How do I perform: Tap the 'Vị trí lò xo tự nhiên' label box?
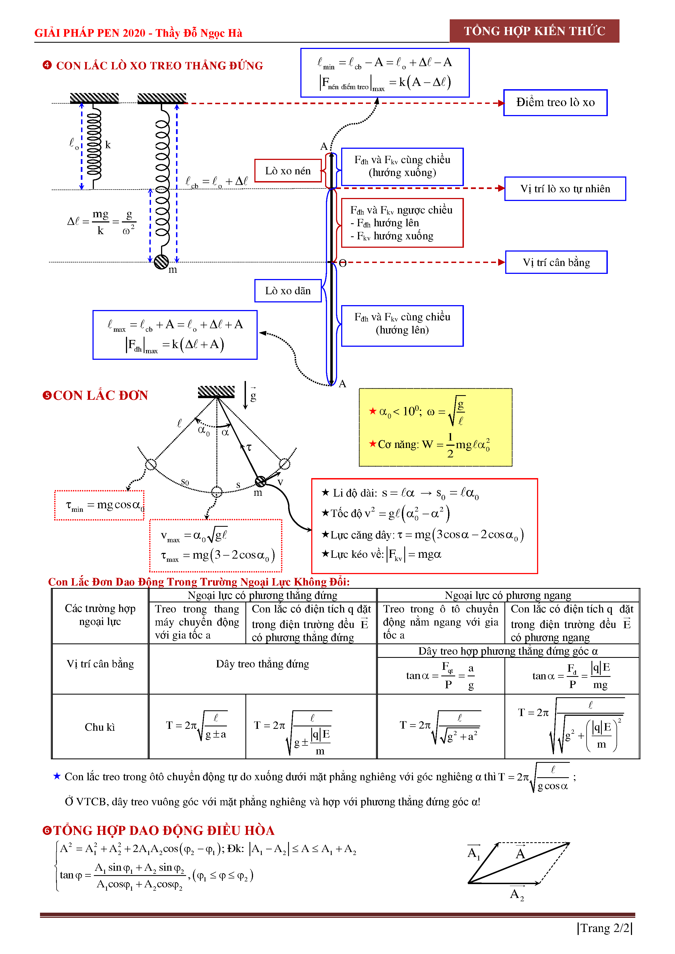tap(565, 189)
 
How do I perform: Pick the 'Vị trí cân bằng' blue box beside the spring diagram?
tap(556, 263)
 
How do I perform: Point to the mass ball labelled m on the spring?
tap(161, 262)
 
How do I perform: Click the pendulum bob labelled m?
tap(261, 482)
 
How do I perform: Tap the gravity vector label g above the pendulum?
tap(253, 395)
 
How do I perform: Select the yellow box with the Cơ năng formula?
tap(435, 427)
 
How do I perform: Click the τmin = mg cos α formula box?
tap(99, 505)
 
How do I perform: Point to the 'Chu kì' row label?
tap(100, 727)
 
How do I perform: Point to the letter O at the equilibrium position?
tap(343, 263)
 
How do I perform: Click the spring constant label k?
tap(108, 145)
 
